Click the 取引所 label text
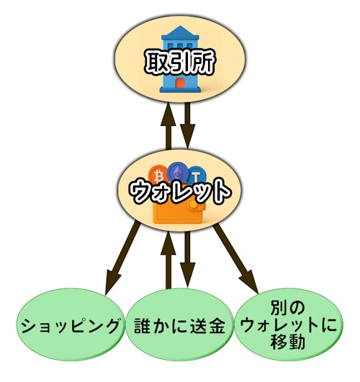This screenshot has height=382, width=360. [x=180, y=63]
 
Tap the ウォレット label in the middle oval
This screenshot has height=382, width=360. [x=180, y=192]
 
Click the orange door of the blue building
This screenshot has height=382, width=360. [x=180, y=83]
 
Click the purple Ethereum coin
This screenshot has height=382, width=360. [x=178, y=171]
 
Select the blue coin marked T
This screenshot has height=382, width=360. [x=197, y=175]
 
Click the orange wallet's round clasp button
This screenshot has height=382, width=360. [x=194, y=204]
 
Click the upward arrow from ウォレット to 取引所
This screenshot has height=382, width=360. [x=168, y=125]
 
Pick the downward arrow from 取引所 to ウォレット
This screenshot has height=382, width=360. [x=187, y=125]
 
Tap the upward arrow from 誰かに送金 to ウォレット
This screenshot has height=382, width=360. [x=168, y=260]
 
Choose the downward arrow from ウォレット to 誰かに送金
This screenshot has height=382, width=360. [x=187, y=259]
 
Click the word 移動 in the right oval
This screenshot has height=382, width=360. [x=288, y=342]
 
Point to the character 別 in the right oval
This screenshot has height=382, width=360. [x=279, y=307]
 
